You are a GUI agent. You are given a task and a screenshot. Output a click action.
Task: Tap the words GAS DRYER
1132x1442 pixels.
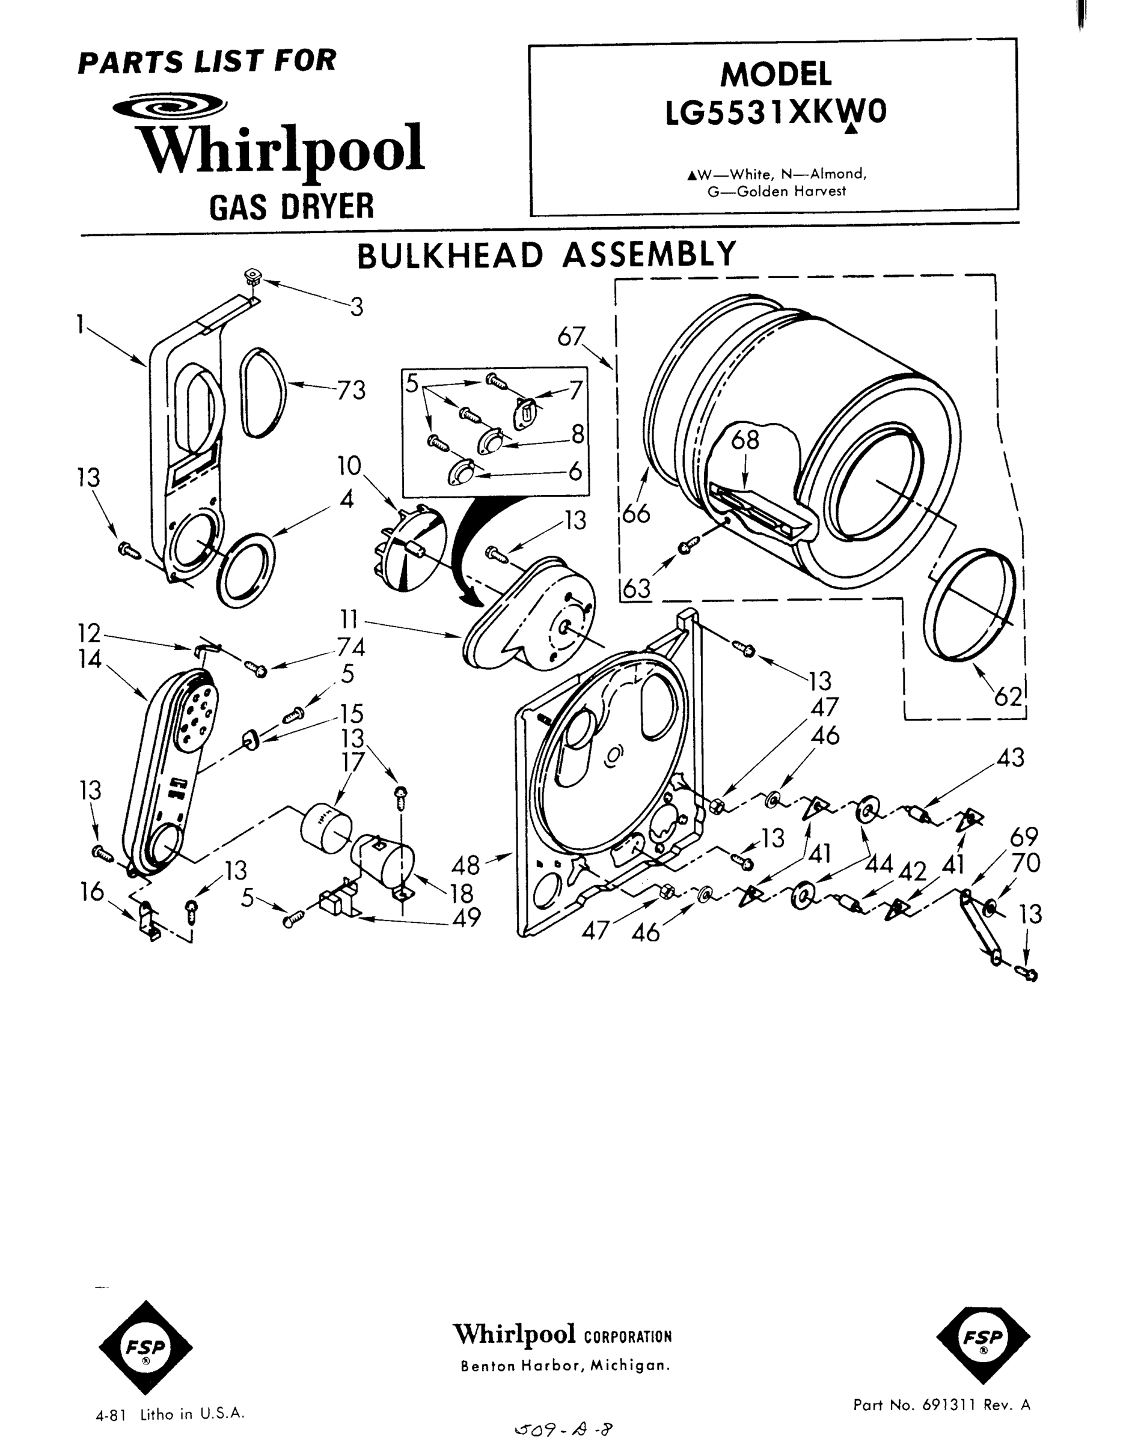point(292,206)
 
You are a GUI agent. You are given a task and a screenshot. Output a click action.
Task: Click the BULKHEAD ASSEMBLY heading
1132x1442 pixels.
point(547,255)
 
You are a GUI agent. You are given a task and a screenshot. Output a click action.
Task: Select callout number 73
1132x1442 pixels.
point(350,390)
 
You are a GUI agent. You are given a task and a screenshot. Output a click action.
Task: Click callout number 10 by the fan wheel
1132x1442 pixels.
point(349,466)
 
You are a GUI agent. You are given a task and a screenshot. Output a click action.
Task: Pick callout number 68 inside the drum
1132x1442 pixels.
point(745,440)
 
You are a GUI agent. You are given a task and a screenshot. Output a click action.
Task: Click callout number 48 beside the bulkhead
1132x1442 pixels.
point(465,865)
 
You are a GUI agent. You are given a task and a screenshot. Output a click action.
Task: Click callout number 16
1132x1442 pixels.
point(92,892)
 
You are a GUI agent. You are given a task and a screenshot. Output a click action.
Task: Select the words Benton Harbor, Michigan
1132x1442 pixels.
point(565,1366)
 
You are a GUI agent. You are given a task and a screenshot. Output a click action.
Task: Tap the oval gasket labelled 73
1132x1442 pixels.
point(263,392)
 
